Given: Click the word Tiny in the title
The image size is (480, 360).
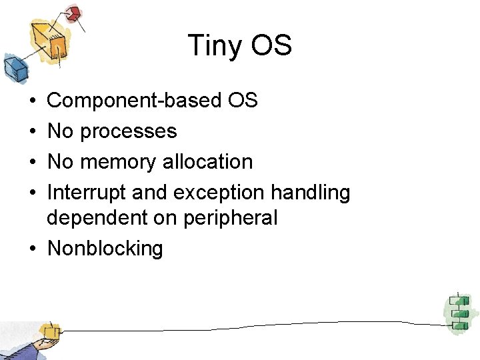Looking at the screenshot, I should click(214, 46).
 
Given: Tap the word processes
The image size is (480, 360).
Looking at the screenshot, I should click(129, 131).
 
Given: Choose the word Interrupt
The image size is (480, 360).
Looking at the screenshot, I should click(87, 193).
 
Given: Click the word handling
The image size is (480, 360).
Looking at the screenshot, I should click(310, 193).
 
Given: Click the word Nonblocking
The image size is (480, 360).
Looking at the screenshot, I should click(105, 249).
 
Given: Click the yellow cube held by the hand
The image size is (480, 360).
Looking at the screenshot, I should click(49, 331).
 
